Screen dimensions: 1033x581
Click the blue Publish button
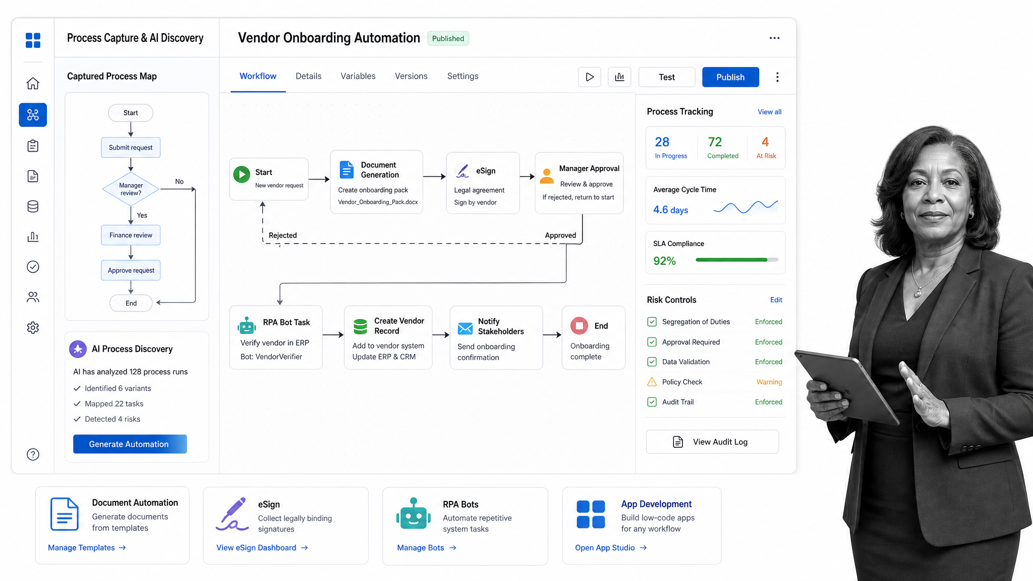[x=730, y=77]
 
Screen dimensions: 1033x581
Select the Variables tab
[x=358, y=76]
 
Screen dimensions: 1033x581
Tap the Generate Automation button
[x=130, y=444]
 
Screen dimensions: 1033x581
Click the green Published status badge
[x=448, y=38]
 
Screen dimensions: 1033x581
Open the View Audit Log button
[x=712, y=442]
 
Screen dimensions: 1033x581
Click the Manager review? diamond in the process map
[x=131, y=189]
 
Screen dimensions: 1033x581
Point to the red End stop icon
[x=579, y=326]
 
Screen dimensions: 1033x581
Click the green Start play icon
[x=242, y=175]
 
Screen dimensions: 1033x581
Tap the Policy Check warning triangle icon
[x=652, y=382]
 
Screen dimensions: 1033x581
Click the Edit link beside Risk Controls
[x=776, y=300]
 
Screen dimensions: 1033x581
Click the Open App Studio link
[x=611, y=548]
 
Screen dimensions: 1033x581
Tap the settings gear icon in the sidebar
[x=33, y=328]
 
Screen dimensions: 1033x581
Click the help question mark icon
[x=33, y=454]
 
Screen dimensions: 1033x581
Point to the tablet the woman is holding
[x=847, y=386]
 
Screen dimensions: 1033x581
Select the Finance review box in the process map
[x=131, y=235]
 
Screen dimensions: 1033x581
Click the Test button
[x=667, y=77]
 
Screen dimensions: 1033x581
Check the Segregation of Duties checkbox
[x=652, y=322]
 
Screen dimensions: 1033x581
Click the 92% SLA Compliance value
[x=664, y=261]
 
